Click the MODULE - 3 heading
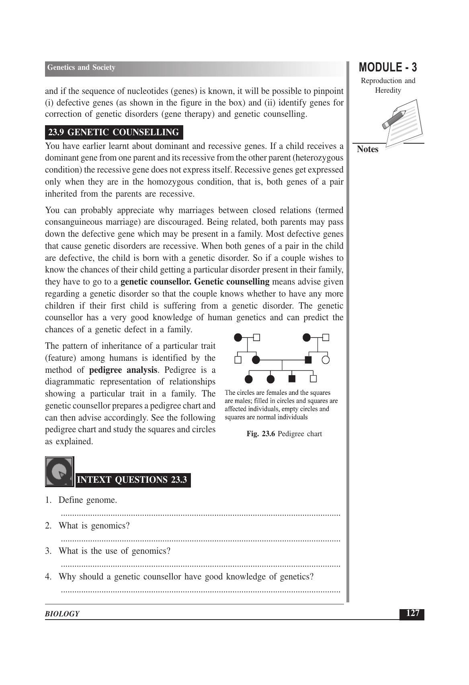point(388,67)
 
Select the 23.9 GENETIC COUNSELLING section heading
point(113,132)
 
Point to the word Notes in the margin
point(368,149)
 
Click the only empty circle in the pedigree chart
point(326,360)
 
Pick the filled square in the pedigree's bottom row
point(292,378)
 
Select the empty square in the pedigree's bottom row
point(314,378)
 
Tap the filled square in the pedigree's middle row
point(308,360)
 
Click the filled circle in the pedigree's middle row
point(256,360)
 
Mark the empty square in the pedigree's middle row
point(238,360)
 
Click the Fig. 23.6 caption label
point(284,434)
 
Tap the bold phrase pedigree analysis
point(123,370)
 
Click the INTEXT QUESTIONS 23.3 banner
point(132,480)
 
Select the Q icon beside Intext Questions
point(59,472)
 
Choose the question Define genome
point(88,500)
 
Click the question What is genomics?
point(94,526)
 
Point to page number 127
point(412,613)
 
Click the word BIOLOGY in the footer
point(62,614)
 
